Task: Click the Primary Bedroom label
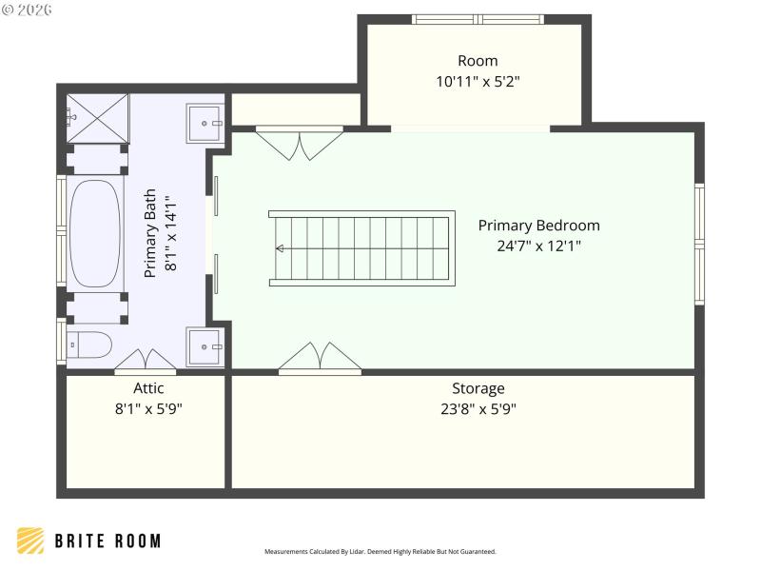pyautogui.click(x=538, y=226)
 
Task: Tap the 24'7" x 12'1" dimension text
pyautogui.click(x=538, y=246)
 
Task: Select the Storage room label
pyautogui.click(x=478, y=388)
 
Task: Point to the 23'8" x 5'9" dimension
pyautogui.click(x=478, y=409)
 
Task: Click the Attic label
pyautogui.click(x=148, y=388)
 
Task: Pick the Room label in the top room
pyautogui.click(x=477, y=61)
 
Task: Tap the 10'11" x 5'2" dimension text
pyautogui.click(x=477, y=82)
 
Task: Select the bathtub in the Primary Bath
pyautogui.click(x=94, y=233)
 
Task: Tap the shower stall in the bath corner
pyautogui.click(x=97, y=117)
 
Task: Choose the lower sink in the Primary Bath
pyautogui.click(x=205, y=346)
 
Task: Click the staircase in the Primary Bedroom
pyautogui.click(x=361, y=248)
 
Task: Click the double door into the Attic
pyautogui.click(x=145, y=362)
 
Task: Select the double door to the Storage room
pyautogui.click(x=320, y=358)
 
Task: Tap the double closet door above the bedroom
pyautogui.click(x=299, y=143)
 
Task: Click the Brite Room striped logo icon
pyautogui.click(x=30, y=541)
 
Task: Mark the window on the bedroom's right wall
pyautogui.click(x=699, y=245)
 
